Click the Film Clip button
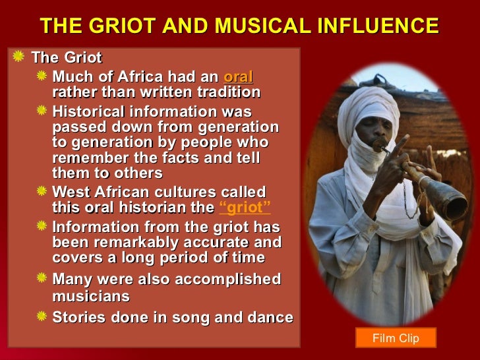tap(396, 338)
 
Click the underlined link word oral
tap(239, 76)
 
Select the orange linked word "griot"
tap(244, 208)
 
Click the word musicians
tap(91, 297)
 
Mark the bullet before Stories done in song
tap(42, 316)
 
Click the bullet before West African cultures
tap(42, 191)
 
